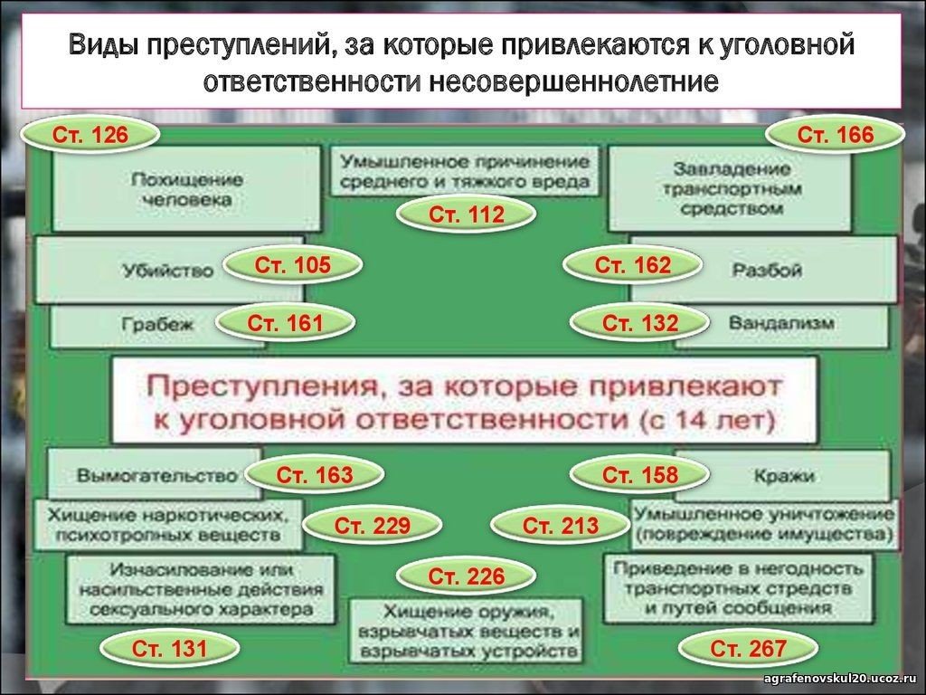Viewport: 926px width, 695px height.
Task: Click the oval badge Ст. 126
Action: tap(90, 135)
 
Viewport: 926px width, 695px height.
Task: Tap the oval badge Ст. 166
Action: tap(835, 135)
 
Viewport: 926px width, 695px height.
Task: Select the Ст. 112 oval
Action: tap(467, 214)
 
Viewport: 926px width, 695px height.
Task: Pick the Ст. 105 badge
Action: tap(292, 265)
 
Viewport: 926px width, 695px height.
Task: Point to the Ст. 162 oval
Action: tap(632, 265)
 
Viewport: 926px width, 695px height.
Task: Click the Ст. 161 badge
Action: tap(285, 323)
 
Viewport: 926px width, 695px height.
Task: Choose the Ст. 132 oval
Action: tap(640, 323)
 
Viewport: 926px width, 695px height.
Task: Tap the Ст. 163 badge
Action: tap(314, 474)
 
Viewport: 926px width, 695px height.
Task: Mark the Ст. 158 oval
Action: tap(640, 474)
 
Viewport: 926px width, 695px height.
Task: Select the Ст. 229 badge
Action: tap(372, 526)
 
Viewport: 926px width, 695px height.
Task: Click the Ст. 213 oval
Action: tap(561, 526)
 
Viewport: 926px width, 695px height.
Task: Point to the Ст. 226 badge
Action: tap(467, 576)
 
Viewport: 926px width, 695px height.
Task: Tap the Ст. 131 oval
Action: tap(169, 649)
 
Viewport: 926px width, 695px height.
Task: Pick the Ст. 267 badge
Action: tap(748, 649)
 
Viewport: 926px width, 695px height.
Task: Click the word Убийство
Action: tap(168, 271)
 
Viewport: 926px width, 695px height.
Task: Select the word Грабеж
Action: tap(157, 324)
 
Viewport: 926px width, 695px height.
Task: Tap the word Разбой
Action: tap(767, 270)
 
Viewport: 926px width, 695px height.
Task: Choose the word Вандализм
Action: tap(781, 323)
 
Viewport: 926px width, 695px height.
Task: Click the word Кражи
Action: tap(784, 476)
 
